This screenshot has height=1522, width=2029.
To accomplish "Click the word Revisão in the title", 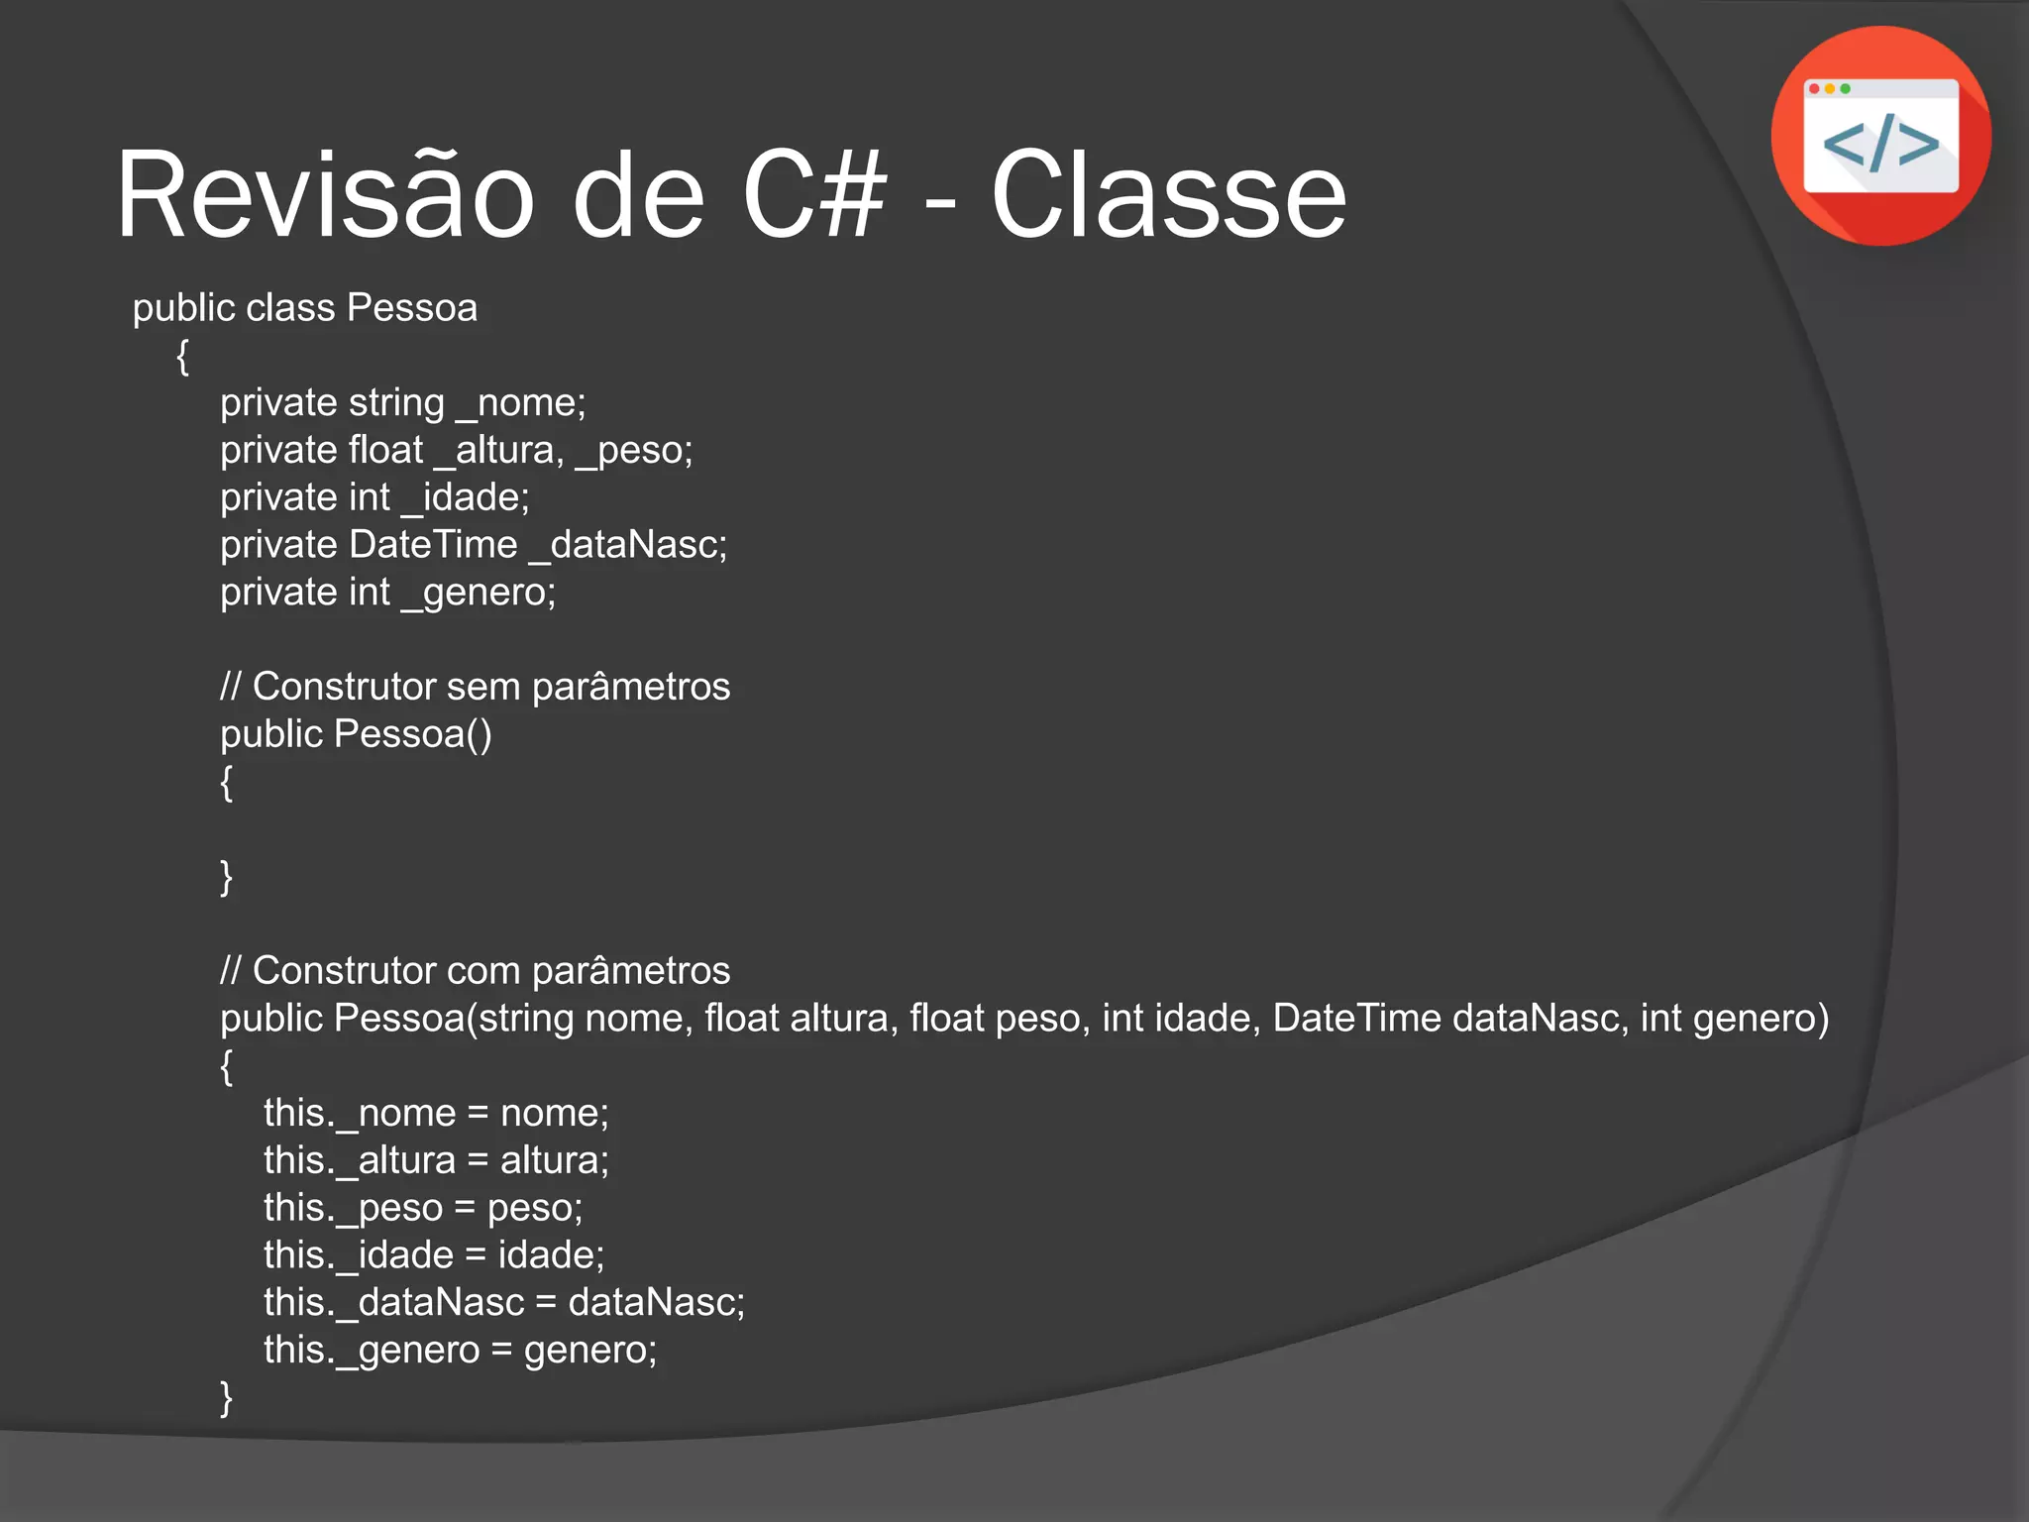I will coord(325,195).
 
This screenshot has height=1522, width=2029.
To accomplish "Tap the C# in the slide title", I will coord(813,195).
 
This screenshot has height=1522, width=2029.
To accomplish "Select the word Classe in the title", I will coord(1168,195).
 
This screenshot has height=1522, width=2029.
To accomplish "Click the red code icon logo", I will coord(1880,136).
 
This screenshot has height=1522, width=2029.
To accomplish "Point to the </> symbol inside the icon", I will coord(1880,143).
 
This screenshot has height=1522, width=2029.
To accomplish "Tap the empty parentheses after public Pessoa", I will coord(479,734).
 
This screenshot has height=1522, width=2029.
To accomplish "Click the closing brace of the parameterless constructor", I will coord(226,877).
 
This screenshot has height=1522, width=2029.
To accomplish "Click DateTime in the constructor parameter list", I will coord(1356,1019).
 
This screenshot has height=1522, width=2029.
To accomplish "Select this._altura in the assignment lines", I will coord(359,1160).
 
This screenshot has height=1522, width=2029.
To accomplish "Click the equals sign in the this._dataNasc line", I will coord(546,1303).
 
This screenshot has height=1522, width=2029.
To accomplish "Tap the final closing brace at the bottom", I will coord(226,1397).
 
